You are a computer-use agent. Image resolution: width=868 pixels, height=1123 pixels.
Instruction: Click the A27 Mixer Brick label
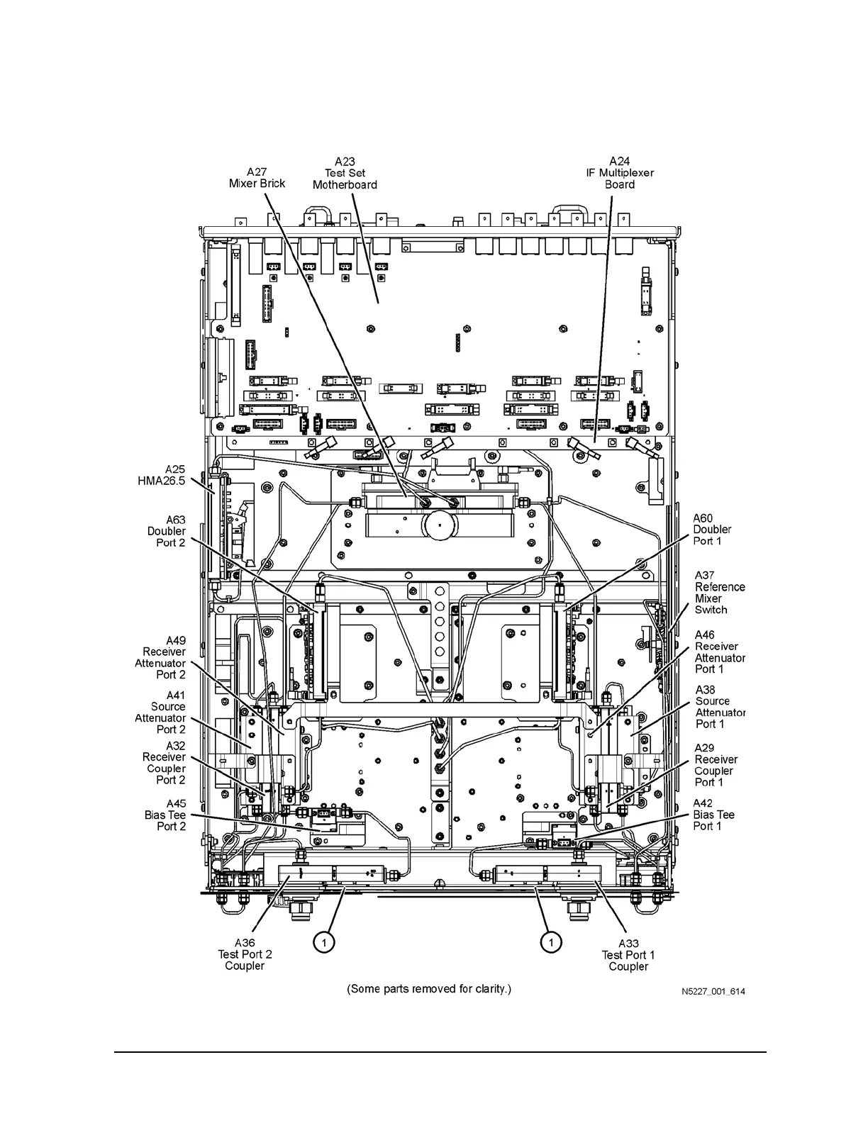point(257,177)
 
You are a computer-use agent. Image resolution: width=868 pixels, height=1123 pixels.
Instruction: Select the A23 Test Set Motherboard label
point(345,174)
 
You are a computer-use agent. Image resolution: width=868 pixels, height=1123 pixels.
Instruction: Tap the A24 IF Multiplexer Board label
point(620,173)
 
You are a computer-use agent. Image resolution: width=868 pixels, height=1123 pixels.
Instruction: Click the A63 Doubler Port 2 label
point(167,531)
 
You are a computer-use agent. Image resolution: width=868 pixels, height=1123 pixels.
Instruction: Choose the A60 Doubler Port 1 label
point(712,530)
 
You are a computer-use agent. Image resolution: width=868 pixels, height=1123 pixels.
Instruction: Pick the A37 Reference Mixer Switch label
point(720,593)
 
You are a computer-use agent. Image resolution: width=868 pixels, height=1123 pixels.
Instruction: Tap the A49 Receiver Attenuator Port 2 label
point(161,658)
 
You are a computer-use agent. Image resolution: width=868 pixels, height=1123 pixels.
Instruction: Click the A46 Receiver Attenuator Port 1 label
point(720,652)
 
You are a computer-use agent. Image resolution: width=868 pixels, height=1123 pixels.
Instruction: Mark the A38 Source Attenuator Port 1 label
point(720,707)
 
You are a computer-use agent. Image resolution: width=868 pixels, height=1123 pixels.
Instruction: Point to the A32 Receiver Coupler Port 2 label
point(165,763)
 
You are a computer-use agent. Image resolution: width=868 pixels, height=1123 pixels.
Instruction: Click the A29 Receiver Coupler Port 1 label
point(716,765)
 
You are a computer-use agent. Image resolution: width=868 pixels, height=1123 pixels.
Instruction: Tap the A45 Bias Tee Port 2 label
point(166,815)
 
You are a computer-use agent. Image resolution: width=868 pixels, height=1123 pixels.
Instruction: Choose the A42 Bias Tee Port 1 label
point(713,815)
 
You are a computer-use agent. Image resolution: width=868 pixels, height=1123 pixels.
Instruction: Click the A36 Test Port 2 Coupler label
point(245,954)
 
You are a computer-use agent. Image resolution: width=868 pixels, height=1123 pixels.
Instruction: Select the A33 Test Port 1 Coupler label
point(628,955)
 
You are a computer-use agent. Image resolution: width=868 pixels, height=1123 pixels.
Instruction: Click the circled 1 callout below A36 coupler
point(323,942)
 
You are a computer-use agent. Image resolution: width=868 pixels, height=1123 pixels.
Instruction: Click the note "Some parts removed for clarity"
point(429,989)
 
